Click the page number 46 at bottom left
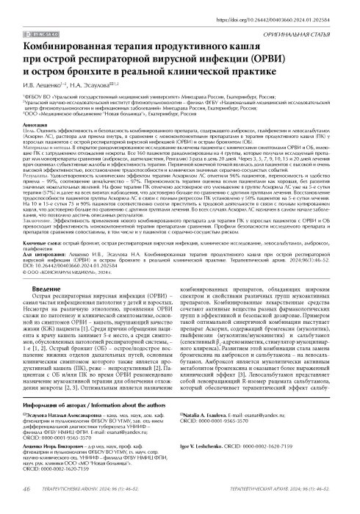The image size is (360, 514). click(27, 507)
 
